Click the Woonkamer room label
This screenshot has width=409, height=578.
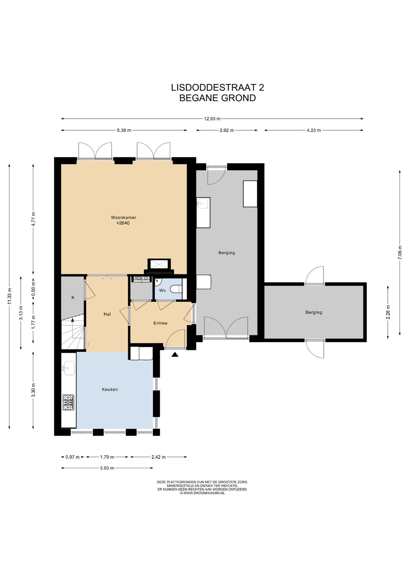coord(123,217)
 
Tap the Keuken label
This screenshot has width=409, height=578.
coord(110,389)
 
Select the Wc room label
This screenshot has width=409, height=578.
coord(162,290)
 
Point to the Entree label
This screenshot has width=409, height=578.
coord(160,323)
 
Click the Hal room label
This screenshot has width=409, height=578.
coord(107,314)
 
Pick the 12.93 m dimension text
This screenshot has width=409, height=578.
coord(212,119)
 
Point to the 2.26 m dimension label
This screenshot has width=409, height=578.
coord(388,312)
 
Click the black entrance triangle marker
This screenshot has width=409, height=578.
coord(175,355)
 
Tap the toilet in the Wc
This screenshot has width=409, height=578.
coord(177,289)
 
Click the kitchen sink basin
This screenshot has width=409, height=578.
coord(69,368)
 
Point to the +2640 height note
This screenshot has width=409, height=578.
coord(123,223)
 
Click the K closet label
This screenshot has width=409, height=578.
coord(73,297)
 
